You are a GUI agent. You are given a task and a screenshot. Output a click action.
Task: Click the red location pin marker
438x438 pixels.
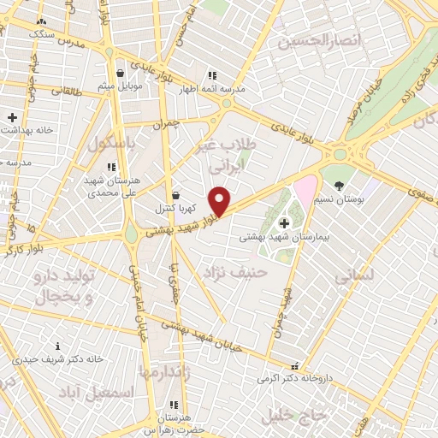[x=220, y=201]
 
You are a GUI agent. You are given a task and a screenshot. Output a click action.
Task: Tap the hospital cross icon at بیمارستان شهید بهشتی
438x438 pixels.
[x=284, y=223]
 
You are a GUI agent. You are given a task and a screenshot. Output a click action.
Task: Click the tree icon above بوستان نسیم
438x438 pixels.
[x=340, y=185]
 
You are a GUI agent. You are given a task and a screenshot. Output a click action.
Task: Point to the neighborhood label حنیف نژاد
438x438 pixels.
[x=235, y=271]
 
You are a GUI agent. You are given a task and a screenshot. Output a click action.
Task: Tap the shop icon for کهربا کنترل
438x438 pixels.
[x=175, y=196]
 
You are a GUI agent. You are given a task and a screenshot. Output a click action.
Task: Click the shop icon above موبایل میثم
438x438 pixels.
[x=120, y=73]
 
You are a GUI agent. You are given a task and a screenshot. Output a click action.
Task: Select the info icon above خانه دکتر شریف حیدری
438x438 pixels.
[x=57, y=346]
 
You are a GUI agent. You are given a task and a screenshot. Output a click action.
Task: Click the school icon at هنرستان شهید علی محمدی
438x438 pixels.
[x=110, y=167]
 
